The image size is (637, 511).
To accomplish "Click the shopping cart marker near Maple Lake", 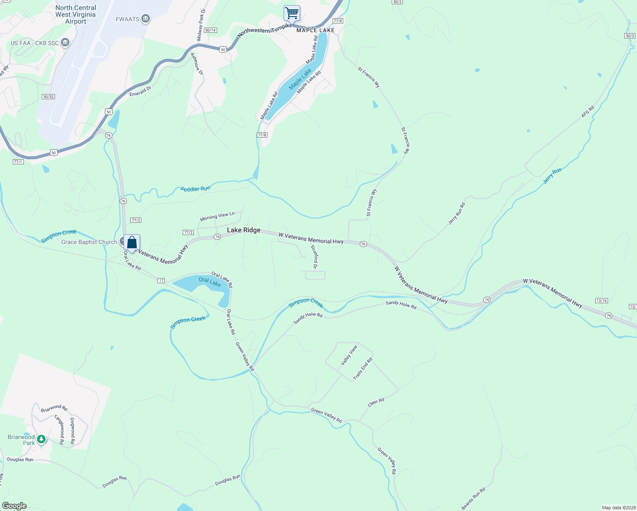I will click(292, 13).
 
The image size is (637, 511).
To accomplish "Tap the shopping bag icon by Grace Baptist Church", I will click(132, 243).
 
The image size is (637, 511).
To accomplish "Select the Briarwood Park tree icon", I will click(41, 439).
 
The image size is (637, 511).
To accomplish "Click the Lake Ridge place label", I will click(244, 230).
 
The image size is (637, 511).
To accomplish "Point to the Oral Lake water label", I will click(209, 281).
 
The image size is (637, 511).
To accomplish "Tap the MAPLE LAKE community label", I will click(316, 30).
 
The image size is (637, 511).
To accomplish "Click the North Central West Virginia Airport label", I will click(76, 14).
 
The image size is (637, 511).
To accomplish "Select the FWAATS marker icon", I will click(146, 19).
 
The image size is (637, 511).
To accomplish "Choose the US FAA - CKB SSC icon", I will click(65, 43).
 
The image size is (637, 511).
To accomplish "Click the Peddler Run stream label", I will click(195, 189).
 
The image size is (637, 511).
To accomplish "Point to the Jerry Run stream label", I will click(552, 176).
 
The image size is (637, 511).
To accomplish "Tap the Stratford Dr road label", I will click(314, 256).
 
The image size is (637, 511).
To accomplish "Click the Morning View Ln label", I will click(217, 216).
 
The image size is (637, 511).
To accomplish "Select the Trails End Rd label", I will click(362, 369).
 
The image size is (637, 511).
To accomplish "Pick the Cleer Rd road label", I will click(376, 402).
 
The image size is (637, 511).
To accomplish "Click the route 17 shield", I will click(161, 280).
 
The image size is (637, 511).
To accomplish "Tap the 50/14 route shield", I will click(210, 30).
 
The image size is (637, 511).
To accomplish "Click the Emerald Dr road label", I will click(140, 92).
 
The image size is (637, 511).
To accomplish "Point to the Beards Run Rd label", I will click(473, 499).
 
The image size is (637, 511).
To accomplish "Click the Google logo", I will click(14, 506).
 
